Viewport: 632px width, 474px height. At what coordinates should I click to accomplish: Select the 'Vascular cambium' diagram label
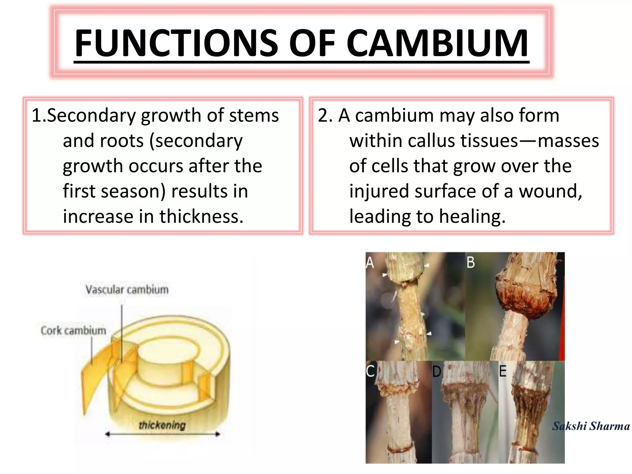point(127,290)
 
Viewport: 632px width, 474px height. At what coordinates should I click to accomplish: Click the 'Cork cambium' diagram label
point(73,331)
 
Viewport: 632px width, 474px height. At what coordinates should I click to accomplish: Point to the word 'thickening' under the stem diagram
point(162,425)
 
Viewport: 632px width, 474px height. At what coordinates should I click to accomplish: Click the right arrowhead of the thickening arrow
point(218,434)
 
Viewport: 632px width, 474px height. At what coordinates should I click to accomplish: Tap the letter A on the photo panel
point(370,263)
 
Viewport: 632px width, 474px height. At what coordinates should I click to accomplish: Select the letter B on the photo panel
point(471,262)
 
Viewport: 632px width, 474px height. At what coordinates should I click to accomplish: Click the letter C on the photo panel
point(370,371)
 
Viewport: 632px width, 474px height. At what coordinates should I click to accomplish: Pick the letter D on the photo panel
point(436,372)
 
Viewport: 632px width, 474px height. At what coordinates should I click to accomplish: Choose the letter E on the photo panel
point(503,371)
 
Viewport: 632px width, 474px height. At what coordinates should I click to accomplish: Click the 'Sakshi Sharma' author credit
point(591,426)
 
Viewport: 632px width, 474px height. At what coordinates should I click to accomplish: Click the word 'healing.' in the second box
point(472,216)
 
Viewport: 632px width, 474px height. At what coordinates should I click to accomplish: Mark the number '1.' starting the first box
point(38,115)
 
